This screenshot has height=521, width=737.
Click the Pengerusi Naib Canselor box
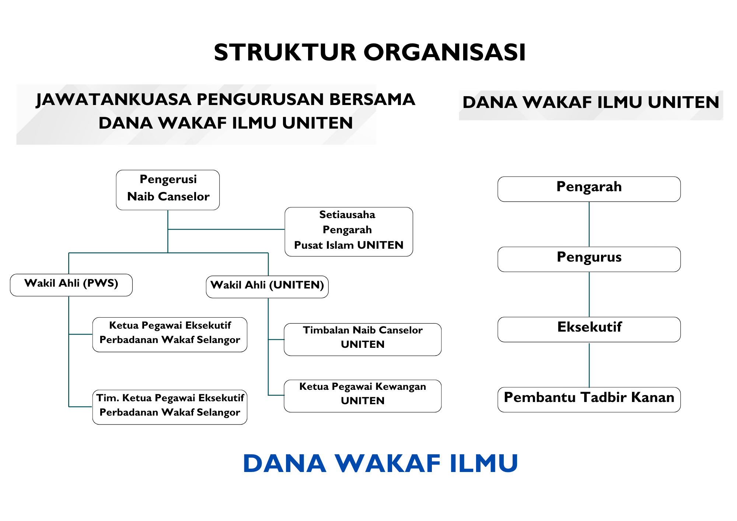[168, 190]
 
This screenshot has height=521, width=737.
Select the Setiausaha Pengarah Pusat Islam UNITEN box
[349, 231]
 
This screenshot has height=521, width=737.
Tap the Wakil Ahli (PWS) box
[71, 285]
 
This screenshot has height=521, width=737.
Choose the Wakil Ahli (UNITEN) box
[267, 287]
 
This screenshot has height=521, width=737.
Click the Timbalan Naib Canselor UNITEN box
[363, 339]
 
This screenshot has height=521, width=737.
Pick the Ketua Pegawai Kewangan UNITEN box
[363, 396]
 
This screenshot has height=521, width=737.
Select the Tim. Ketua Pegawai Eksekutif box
[170, 407]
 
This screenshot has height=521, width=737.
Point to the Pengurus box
[589, 259]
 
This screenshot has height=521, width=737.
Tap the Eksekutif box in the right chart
[589, 329]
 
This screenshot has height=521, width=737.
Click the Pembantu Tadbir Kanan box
[589, 399]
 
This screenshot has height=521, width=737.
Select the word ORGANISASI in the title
[444, 52]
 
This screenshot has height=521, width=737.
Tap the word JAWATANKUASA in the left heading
[113, 100]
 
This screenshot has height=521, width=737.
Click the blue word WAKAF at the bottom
[387, 464]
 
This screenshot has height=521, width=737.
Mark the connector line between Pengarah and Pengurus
[589, 224]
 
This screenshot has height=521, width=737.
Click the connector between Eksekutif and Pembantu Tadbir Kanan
[589, 364]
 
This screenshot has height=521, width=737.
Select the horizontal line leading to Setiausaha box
[226, 229]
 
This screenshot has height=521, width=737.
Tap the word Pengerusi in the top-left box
[168, 179]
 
